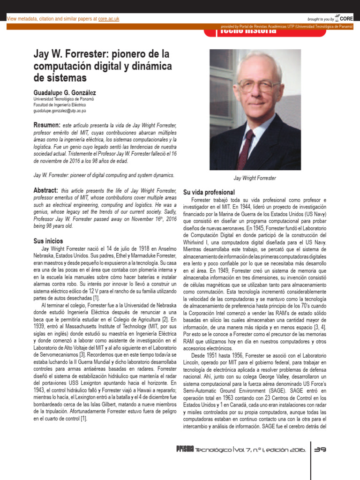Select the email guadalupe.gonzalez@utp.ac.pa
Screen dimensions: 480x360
click(60, 111)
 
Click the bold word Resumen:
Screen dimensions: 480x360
click(47, 126)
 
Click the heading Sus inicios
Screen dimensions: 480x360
click(49, 241)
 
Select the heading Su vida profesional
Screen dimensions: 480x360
click(209, 193)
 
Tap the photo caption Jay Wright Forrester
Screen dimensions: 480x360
click(255, 178)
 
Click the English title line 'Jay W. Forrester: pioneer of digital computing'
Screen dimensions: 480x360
click(104, 175)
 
